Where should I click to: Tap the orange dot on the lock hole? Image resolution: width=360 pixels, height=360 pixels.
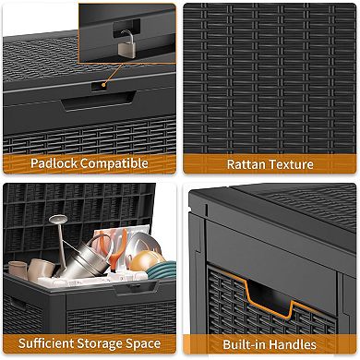[103, 85]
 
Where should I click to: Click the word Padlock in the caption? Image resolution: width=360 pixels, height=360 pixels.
[54, 163]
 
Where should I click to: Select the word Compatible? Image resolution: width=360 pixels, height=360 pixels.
[114, 163]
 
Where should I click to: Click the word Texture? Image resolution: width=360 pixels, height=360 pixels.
[286, 164]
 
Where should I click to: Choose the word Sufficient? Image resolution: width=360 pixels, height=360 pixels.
[46, 343]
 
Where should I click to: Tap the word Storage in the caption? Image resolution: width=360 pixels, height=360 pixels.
[100, 343]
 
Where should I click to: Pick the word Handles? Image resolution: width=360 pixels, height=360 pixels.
[290, 344]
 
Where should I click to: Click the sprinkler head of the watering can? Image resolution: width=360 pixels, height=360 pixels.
[58, 219]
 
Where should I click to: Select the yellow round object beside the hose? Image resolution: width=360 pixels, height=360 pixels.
[143, 260]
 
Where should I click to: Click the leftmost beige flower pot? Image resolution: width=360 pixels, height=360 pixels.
[18, 270]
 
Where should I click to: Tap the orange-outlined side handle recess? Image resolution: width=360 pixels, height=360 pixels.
[268, 296]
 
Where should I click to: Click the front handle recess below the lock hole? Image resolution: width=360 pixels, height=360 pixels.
[99, 101]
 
